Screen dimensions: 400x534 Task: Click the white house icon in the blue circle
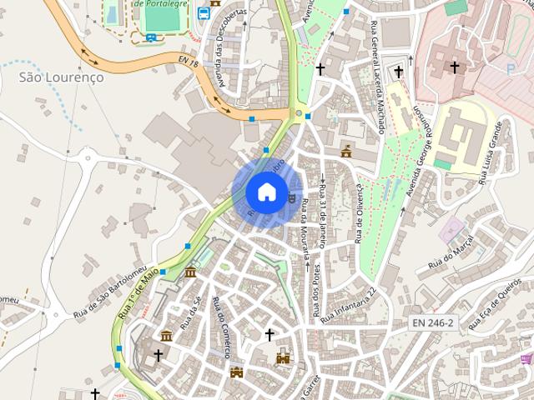tap(265, 192)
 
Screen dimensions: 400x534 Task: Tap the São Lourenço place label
tap(61, 76)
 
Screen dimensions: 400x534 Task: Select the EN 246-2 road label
tap(432, 322)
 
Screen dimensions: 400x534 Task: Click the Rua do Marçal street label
tap(451, 251)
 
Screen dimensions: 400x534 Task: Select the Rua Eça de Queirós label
tap(498, 301)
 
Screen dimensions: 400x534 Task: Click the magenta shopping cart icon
tap(526, 359)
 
